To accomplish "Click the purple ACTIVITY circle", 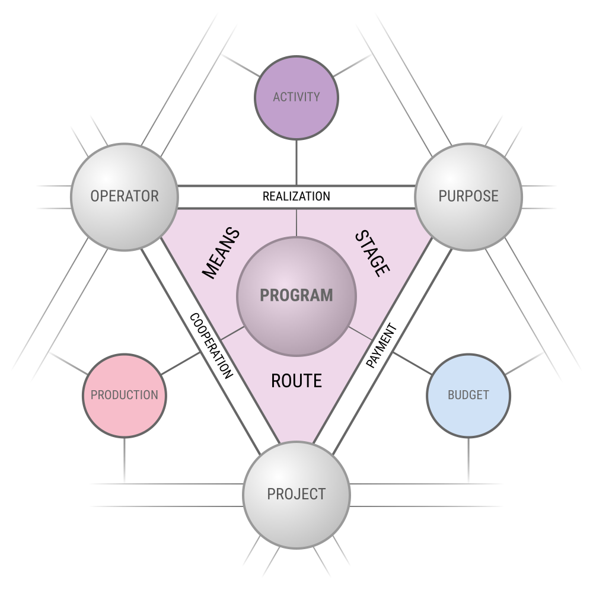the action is click(x=296, y=98).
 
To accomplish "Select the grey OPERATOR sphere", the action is click(x=125, y=197).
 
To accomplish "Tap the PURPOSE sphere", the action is click(x=468, y=197).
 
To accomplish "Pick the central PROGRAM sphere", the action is click(x=296, y=296).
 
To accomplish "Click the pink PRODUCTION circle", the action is click(x=125, y=396).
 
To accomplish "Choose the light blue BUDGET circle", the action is click(x=468, y=396).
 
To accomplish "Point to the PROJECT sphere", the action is click(x=296, y=495).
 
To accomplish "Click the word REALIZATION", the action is click(x=296, y=197).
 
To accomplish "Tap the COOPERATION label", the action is click(x=211, y=346).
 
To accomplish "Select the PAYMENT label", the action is click(x=382, y=345).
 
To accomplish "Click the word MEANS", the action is click(x=221, y=253).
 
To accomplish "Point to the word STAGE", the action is click(x=372, y=253).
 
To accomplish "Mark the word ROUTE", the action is click(x=296, y=381).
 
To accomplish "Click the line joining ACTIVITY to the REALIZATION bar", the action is click(x=296, y=162).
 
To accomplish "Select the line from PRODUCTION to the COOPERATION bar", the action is click(x=181, y=364).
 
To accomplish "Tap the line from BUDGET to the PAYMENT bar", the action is click(x=412, y=364).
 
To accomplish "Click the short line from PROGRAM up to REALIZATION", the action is click(x=296, y=223).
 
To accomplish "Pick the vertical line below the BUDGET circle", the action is click(x=468, y=461).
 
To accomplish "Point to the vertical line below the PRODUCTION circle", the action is click(x=125, y=461).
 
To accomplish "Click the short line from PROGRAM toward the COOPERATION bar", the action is click(x=233, y=333).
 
